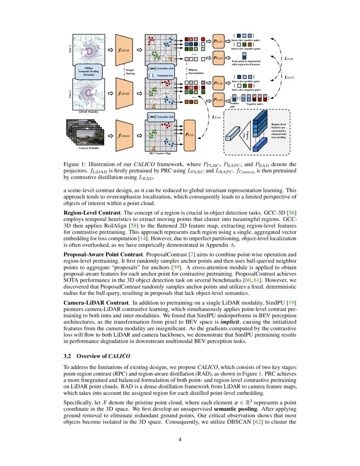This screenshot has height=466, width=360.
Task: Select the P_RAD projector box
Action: coord(190,135)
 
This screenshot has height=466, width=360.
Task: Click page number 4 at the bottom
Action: coord(180,439)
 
